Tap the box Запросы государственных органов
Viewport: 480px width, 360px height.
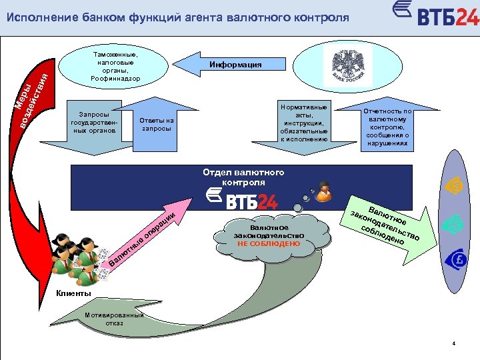(94, 123)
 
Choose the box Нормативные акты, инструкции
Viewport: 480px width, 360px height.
(304, 123)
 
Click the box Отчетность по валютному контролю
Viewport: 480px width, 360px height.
(388, 127)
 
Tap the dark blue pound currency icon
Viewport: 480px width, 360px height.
(454, 259)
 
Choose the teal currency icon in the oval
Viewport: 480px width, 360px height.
(454, 222)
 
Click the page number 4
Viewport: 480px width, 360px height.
(453, 344)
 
